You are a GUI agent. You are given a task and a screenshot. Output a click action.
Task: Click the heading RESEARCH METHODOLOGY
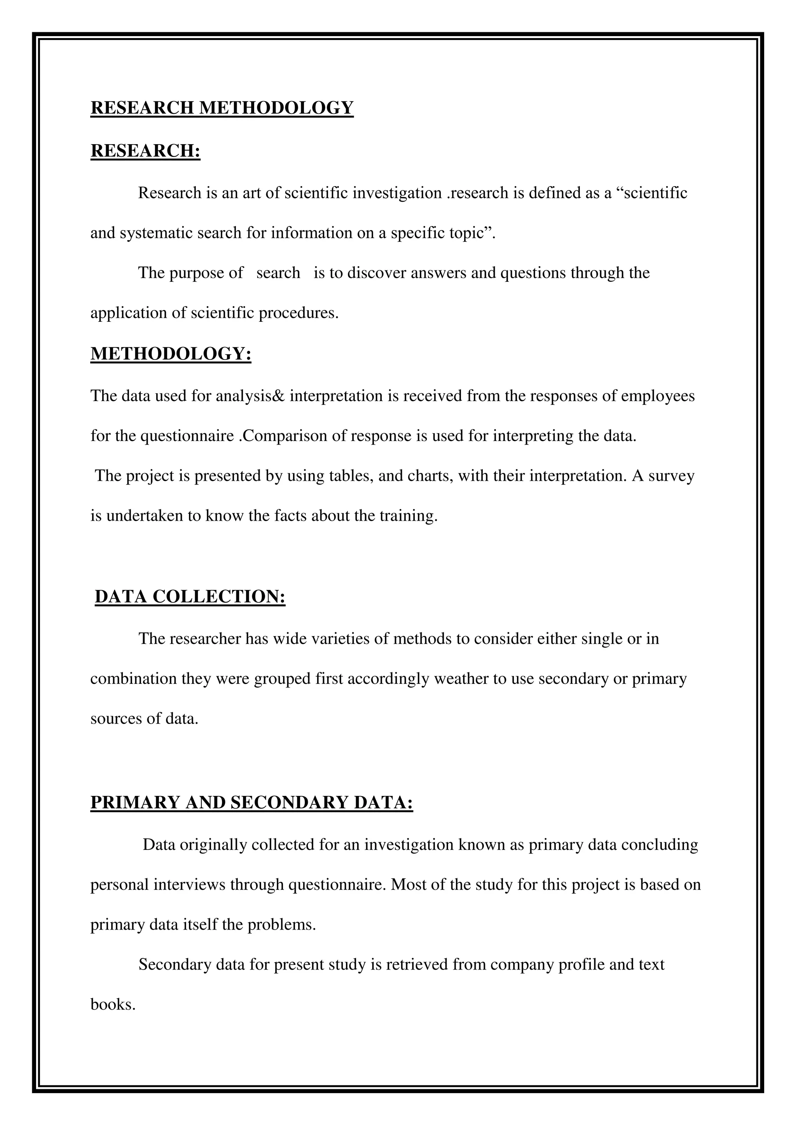coord(222,108)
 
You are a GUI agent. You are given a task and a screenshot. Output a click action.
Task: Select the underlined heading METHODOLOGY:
coord(171,354)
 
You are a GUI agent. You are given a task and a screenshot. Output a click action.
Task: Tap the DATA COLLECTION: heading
coord(190,597)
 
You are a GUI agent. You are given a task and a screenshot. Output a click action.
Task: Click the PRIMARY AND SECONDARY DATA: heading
coord(251,802)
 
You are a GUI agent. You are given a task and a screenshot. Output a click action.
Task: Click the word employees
coord(657,396)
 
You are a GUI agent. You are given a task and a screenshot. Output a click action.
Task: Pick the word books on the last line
coord(112,1005)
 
